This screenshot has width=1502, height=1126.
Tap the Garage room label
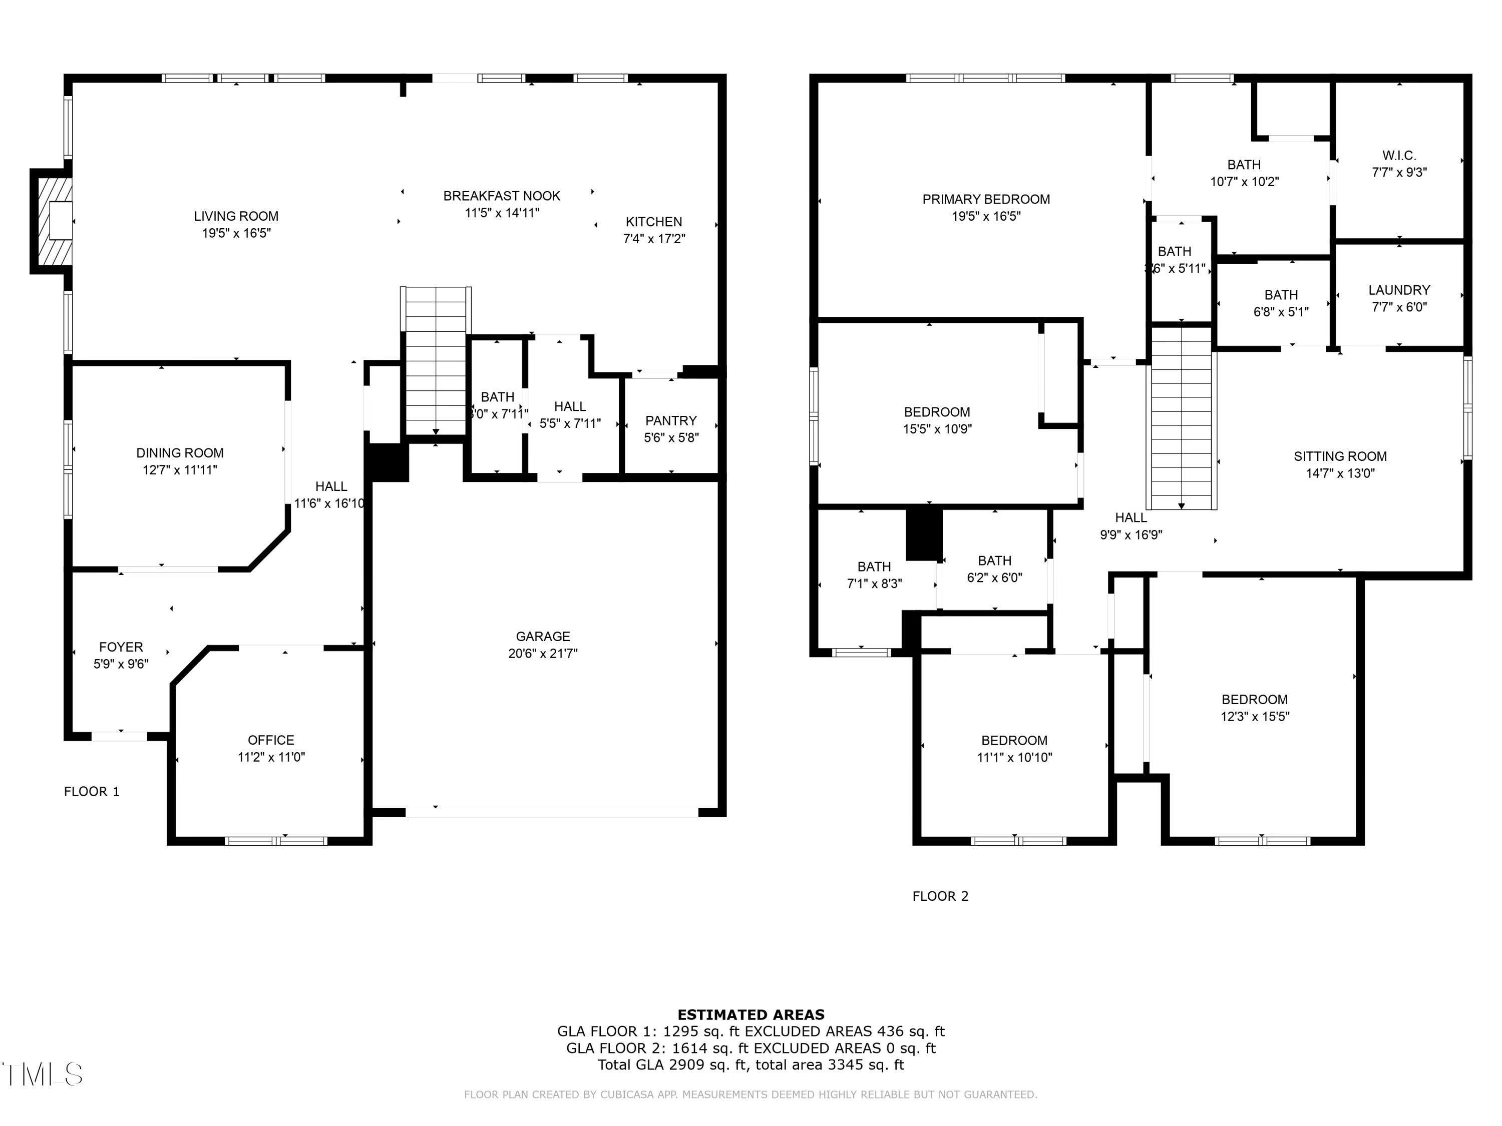(543, 637)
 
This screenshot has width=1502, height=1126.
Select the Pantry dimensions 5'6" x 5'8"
(671, 438)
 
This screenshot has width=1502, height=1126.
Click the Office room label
(271, 740)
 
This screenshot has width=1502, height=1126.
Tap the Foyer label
(121, 647)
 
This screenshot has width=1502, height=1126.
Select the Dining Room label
(180, 453)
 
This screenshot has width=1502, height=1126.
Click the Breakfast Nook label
(502, 196)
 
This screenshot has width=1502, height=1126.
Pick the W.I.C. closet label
(1399, 156)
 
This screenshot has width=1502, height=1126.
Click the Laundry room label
(1399, 290)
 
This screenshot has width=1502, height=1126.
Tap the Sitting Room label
(1340, 456)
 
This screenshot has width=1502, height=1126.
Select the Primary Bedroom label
(985, 199)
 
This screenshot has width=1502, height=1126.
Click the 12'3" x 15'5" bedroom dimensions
(1254, 716)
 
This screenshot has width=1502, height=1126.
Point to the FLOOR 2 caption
(940, 896)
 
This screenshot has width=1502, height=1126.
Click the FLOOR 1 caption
(92, 791)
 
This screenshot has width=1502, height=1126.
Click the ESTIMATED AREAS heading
(750, 1015)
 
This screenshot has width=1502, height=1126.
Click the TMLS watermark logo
(42, 1074)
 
